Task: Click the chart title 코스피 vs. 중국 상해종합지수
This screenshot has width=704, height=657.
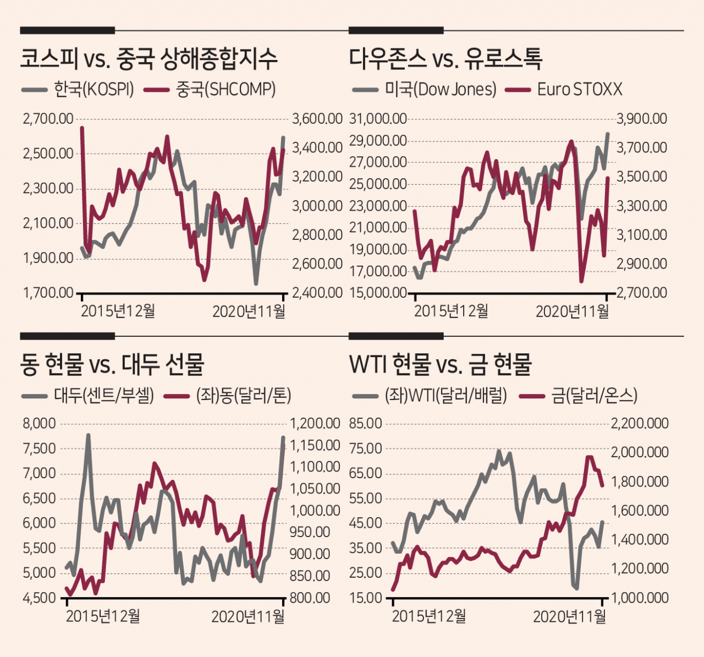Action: (148, 59)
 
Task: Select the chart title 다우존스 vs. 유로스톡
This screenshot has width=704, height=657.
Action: (446, 59)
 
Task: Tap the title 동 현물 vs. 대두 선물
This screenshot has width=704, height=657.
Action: (112, 364)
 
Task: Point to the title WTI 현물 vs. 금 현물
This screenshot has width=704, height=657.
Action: (440, 364)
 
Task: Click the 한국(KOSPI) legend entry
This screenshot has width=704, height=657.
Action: (78, 89)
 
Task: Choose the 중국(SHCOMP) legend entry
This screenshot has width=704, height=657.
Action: (210, 89)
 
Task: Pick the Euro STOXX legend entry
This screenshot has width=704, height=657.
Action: (564, 89)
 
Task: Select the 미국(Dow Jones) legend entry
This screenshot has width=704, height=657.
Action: (424, 89)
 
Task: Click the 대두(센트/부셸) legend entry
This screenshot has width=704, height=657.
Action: (88, 396)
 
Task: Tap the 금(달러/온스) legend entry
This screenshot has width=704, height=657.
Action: (578, 396)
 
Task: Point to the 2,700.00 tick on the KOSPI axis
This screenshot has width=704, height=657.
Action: (48, 119)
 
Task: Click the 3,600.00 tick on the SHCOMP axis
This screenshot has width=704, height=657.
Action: (317, 119)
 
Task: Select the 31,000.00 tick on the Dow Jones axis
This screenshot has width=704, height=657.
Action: (378, 119)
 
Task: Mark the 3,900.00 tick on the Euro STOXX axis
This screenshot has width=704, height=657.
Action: (642, 119)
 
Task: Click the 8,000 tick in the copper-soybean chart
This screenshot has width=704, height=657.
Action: (40, 424)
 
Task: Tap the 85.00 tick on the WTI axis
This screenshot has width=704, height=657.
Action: (365, 424)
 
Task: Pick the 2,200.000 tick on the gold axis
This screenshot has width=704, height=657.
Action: (640, 424)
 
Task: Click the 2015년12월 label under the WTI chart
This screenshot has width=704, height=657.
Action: (428, 617)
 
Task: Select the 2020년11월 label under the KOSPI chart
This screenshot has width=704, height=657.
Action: (249, 311)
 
